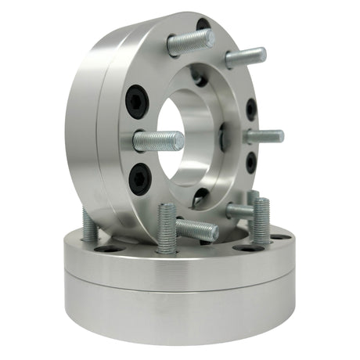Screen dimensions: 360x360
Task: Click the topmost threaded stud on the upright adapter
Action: pos(190,43)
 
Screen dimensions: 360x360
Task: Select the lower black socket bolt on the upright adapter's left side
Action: pos(139,178)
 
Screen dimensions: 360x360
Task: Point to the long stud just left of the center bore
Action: pos(159,142)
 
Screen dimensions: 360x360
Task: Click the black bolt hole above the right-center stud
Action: pos(250,110)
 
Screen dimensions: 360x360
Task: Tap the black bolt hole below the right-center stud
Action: pos(250,162)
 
